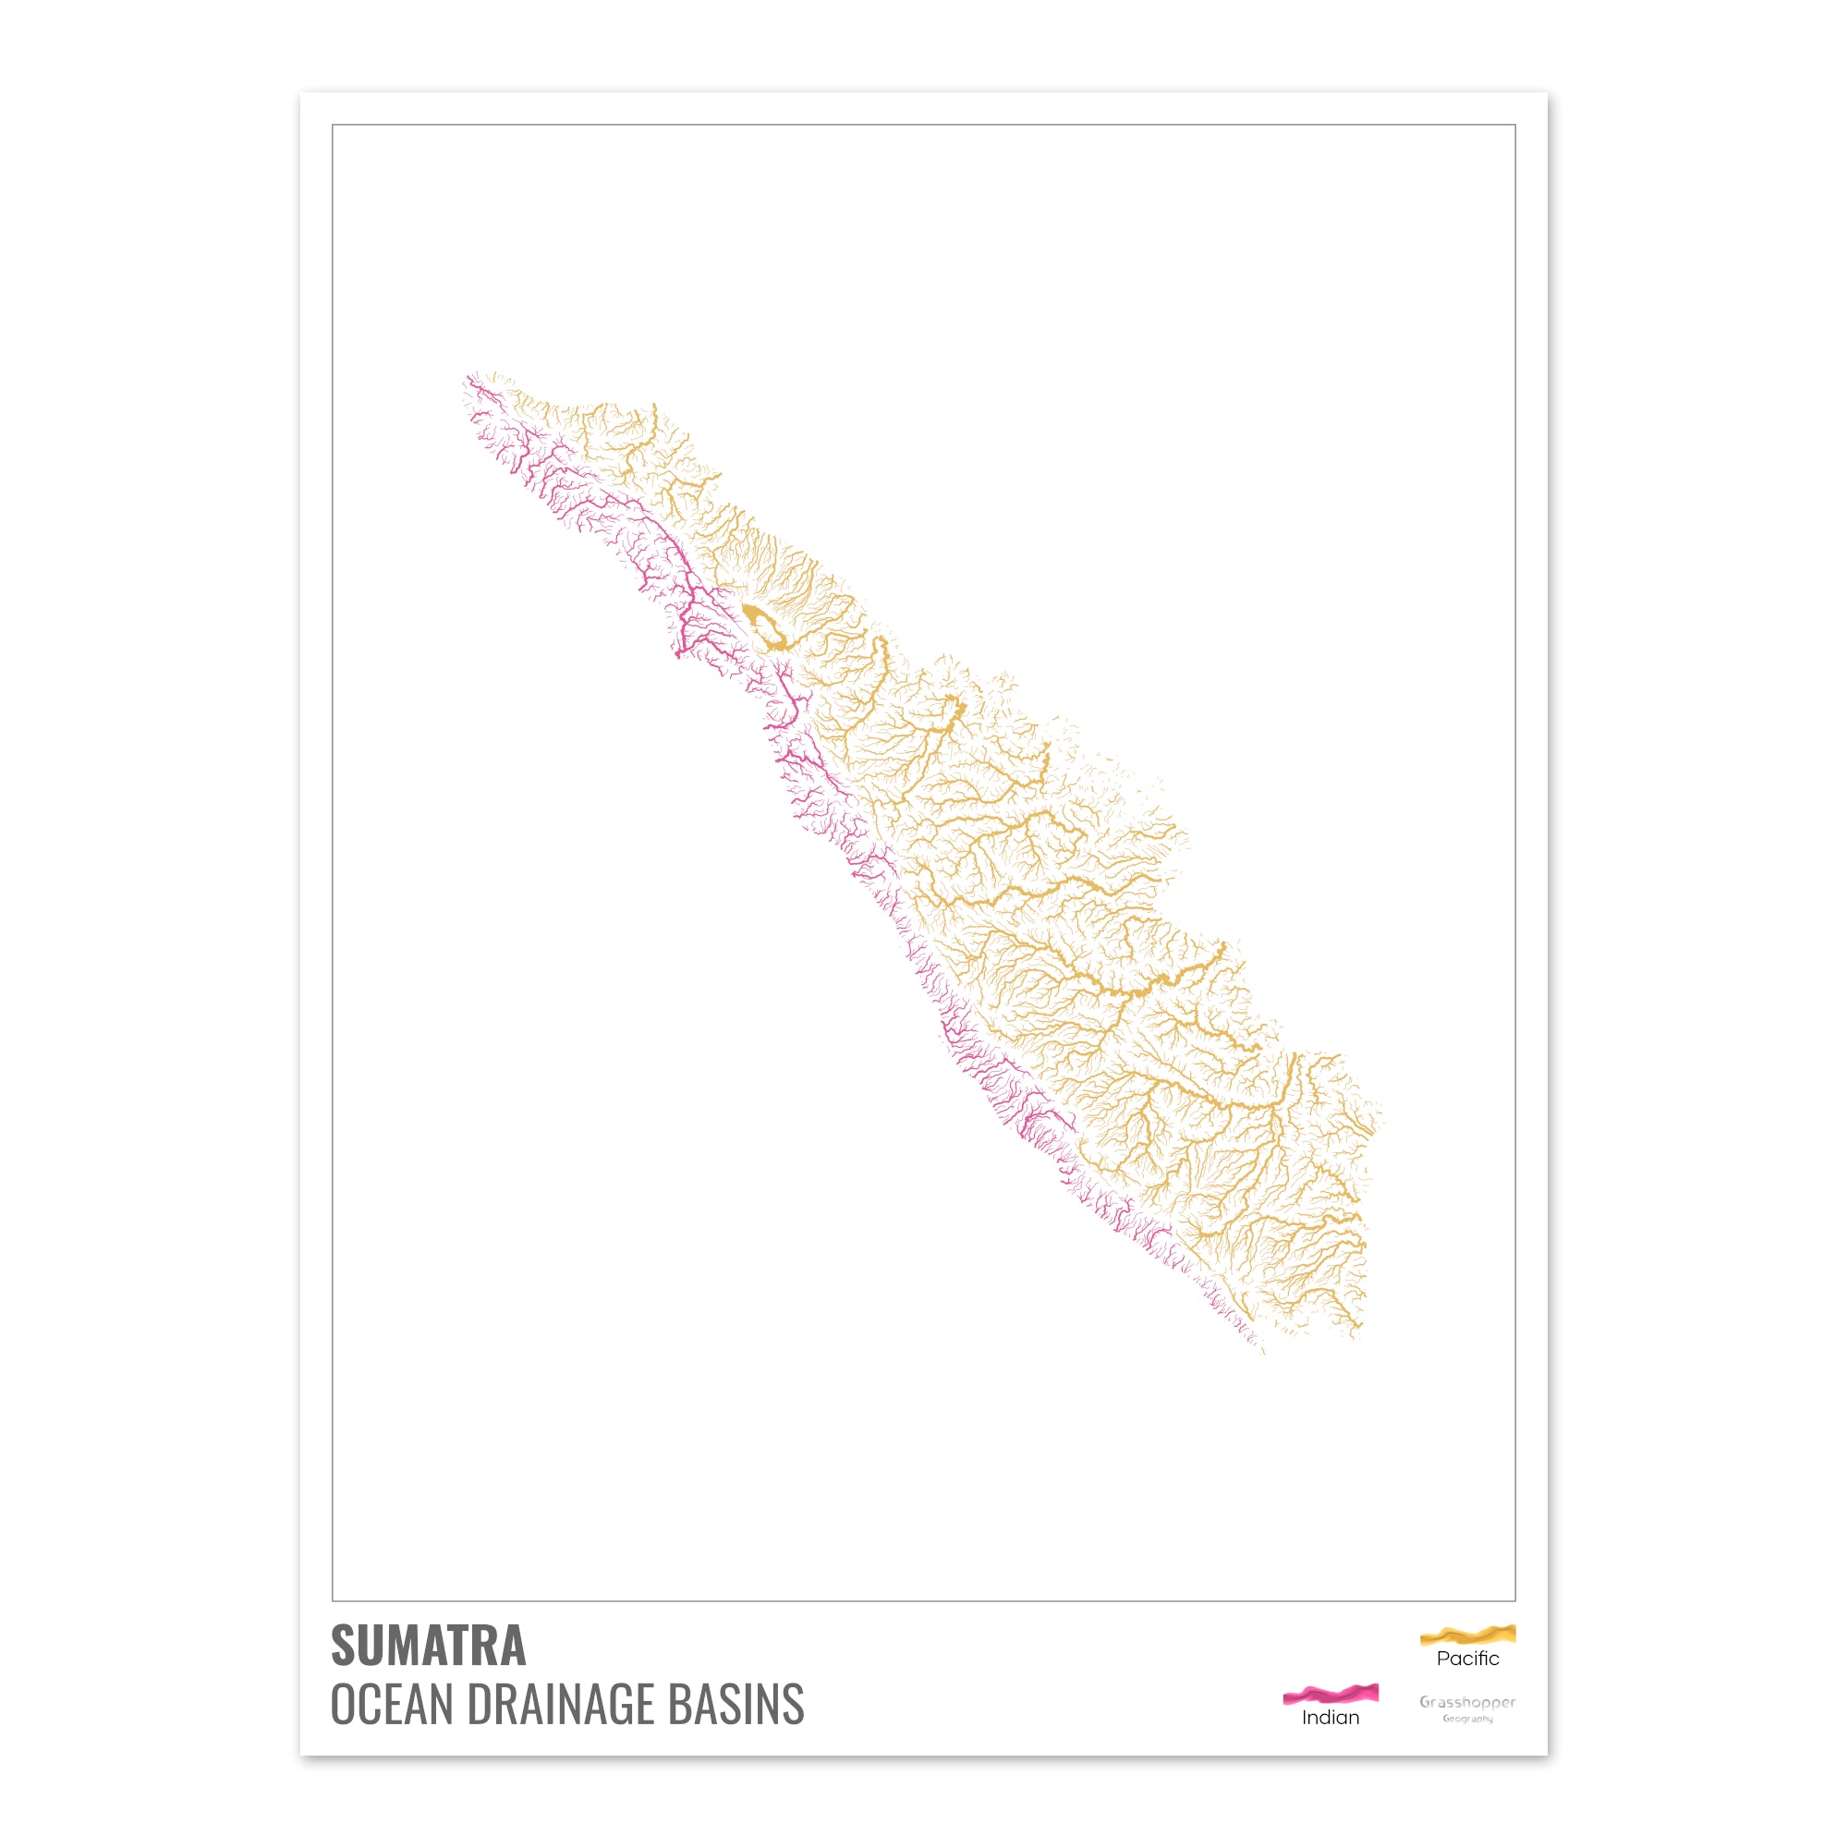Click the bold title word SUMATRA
(x=428, y=1646)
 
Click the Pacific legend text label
(x=1467, y=1659)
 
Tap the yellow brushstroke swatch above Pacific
(x=1467, y=1635)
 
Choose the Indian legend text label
(x=1330, y=1717)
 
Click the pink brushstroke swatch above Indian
(x=1330, y=1694)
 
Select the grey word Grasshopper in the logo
(x=1467, y=1702)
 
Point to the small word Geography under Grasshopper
(x=1467, y=1719)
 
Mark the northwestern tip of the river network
(x=467, y=377)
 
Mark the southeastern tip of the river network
(x=1262, y=1352)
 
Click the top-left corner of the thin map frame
(x=333, y=126)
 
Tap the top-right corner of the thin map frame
(x=1515, y=126)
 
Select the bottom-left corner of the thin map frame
(x=333, y=1600)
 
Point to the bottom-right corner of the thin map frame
(x=1515, y=1600)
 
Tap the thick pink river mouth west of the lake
(x=677, y=654)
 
